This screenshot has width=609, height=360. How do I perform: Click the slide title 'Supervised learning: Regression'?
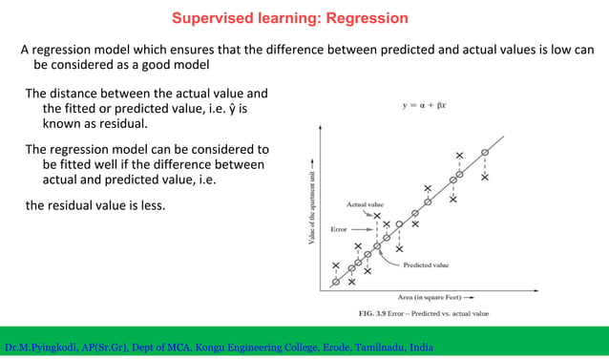[x=289, y=18]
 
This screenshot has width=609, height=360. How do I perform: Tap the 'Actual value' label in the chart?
[x=364, y=204]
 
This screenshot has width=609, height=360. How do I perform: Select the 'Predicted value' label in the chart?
[x=426, y=265]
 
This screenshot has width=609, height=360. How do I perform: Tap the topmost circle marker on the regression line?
[x=485, y=153]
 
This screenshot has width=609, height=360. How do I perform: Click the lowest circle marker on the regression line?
[x=335, y=283]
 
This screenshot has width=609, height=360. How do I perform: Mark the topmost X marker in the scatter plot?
[x=459, y=156]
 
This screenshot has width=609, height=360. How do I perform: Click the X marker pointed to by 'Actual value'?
[x=377, y=217]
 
